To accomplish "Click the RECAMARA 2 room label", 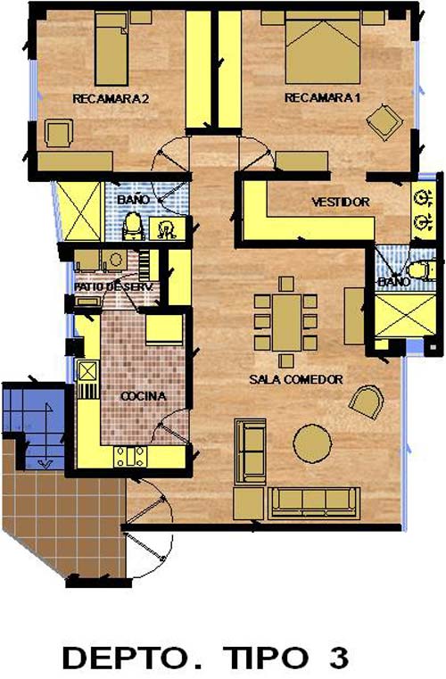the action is [x=111, y=99].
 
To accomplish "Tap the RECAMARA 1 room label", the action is [x=322, y=97].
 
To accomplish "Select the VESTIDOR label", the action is [x=341, y=202].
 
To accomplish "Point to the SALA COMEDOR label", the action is [x=296, y=379].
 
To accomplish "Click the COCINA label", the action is [x=143, y=396].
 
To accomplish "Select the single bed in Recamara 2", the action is [x=111, y=49].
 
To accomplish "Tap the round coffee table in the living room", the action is [x=312, y=443].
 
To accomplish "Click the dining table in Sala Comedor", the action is [x=286, y=322].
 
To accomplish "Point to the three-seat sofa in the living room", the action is [x=314, y=502].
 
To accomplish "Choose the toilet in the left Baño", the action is [x=134, y=226].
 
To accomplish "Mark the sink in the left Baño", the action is [x=167, y=228].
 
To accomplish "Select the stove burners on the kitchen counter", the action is [x=130, y=457].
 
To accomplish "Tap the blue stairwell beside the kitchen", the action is [x=34, y=426].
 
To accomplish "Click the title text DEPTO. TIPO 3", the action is [x=205, y=658].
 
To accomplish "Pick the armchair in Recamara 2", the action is [x=59, y=133].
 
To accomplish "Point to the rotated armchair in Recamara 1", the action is [x=384, y=121].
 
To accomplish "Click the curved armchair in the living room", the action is [x=367, y=402].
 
